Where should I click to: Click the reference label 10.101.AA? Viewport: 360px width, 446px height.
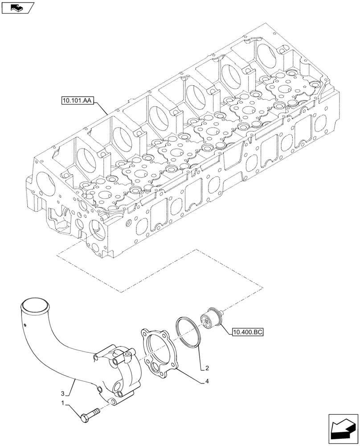click(74, 101)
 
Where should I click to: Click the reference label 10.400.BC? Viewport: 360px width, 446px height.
click(248, 332)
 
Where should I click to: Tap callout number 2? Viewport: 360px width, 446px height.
click(206, 368)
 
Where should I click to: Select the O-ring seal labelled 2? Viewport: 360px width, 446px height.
click(190, 332)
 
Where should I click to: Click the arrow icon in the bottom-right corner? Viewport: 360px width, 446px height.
click(343, 429)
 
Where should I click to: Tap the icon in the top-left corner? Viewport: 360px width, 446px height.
click(17, 8)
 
